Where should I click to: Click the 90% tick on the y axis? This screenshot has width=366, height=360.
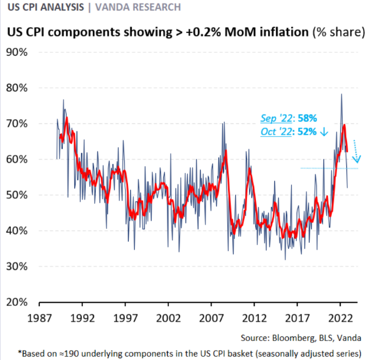coord(20,52)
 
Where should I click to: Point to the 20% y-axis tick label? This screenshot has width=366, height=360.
coord(20,302)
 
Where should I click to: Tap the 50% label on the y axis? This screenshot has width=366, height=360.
coord(20,195)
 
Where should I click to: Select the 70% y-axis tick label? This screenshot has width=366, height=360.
coord(20,123)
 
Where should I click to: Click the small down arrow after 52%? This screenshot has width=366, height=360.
coord(324,132)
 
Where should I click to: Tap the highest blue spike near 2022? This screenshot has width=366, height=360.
coord(341,95)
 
